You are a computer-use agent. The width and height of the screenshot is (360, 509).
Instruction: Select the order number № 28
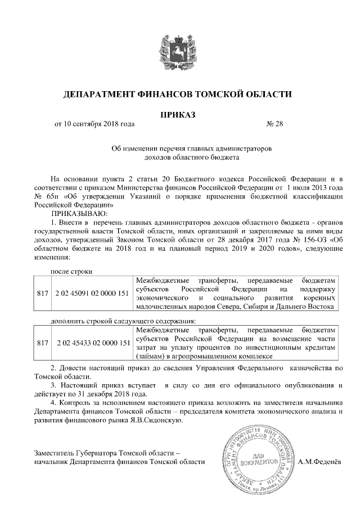point(274,124)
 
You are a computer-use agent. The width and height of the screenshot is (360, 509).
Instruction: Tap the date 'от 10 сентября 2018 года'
point(94,124)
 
